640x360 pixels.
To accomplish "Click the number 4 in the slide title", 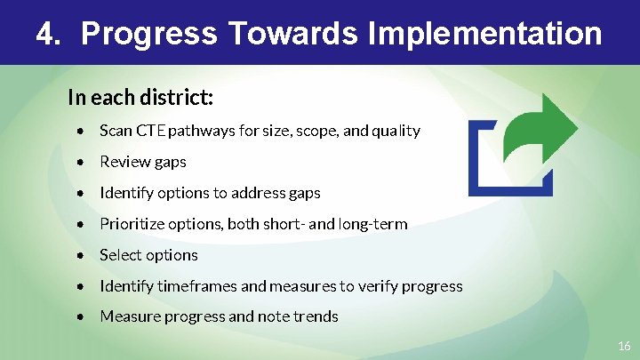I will pyautogui.click(x=46, y=34).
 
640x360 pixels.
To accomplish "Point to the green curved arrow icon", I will pyautogui.click(x=539, y=129).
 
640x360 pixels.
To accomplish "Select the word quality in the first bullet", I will pyautogui.click(x=396, y=131).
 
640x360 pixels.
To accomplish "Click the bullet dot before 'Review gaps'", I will pyautogui.click(x=81, y=163).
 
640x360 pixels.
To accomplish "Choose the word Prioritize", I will pyautogui.click(x=131, y=224).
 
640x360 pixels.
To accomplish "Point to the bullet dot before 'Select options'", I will pyautogui.click(x=81, y=256).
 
